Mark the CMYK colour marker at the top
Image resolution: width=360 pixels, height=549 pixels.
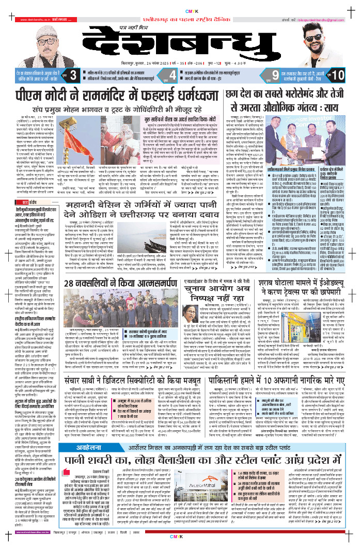pos(180,10)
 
